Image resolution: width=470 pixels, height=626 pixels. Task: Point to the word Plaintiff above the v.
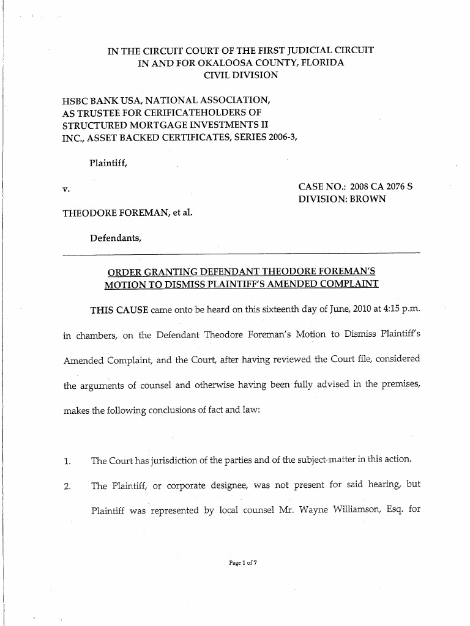(108, 163)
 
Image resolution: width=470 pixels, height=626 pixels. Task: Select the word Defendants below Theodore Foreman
(116, 238)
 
